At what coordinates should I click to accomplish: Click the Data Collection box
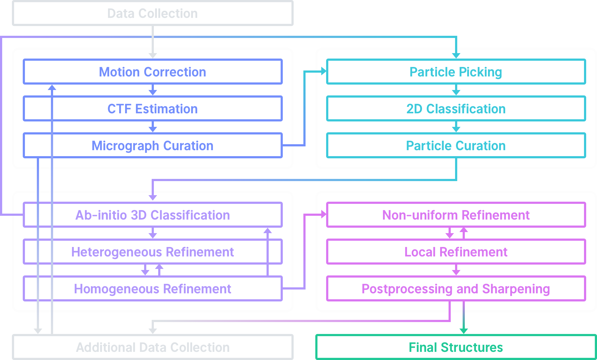pos(153,13)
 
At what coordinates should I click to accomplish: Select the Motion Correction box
pos(153,72)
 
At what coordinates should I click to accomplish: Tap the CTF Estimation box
pos(153,109)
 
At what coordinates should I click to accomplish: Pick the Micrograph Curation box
pos(153,146)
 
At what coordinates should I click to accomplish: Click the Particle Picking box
pos(456,72)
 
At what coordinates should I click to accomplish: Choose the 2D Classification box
pos(456,109)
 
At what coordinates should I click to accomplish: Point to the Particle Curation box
pos(456,146)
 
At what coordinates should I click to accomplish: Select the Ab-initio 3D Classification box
pos(153,215)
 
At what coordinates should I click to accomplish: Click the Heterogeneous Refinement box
pos(153,252)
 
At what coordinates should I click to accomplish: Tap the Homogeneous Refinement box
pos(153,289)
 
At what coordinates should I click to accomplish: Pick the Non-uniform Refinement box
pos(456,215)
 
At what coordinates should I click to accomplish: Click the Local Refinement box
pos(456,252)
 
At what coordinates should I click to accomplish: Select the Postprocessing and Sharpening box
pos(456,289)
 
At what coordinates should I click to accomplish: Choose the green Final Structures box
pos(456,347)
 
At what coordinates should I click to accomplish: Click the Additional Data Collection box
pos(153,347)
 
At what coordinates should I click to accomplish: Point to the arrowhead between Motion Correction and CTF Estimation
pos(153,92)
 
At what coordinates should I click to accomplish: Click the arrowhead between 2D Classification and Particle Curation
pos(456,129)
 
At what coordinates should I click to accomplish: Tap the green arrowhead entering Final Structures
pos(464,331)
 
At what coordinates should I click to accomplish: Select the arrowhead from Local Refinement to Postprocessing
pos(456,272)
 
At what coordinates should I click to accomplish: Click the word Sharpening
pos(516,289)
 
